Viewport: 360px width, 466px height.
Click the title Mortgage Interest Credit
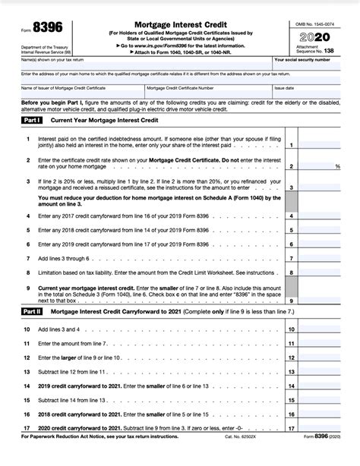click(x=172, y=24)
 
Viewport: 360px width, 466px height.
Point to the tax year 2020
click(x=314, y=37)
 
